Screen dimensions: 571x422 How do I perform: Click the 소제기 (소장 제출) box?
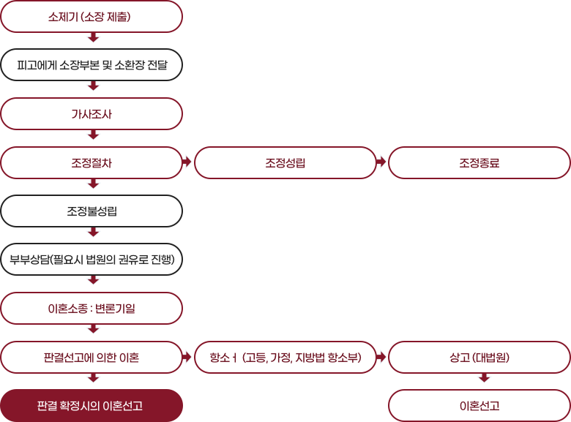click(x=92, y=17)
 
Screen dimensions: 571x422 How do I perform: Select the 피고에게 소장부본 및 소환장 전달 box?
click(x=92, y=65)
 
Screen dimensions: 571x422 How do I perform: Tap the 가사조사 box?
click(x=92, y=114)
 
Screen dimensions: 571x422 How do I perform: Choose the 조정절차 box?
click(x=92, y=162)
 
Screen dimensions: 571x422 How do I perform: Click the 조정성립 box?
click(x=285, y=162)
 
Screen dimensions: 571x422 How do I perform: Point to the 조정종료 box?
click(x=479, y=162)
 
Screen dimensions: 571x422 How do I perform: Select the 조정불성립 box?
click(x=92, y=211)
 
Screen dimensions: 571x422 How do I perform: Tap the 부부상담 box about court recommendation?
click(x=92, y=260)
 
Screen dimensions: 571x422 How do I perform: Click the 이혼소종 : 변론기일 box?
click(x=92, y=309)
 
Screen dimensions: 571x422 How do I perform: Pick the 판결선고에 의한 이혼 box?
click(x=92, y=357)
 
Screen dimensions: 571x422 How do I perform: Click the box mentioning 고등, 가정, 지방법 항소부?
click(x=285, y=357)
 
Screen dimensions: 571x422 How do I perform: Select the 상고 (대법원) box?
click(x=479, y=357)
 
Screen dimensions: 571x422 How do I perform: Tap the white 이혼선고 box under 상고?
click(x=479, y=406)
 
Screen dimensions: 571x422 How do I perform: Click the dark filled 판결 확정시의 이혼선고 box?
click(x=92, y=406)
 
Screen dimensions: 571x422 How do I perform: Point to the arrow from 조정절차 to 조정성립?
click(x=187, y=162)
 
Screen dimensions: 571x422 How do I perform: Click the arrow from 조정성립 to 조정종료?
click(x=381, y=162)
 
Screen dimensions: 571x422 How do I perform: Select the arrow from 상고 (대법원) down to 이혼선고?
click(x=484, y=377)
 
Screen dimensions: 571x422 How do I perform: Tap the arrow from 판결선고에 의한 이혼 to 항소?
click(x=187, y=357)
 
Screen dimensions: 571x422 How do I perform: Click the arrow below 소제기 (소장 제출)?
click(x=94, y=37)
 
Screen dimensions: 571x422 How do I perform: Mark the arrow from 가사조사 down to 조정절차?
click(x=94, y=135)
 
